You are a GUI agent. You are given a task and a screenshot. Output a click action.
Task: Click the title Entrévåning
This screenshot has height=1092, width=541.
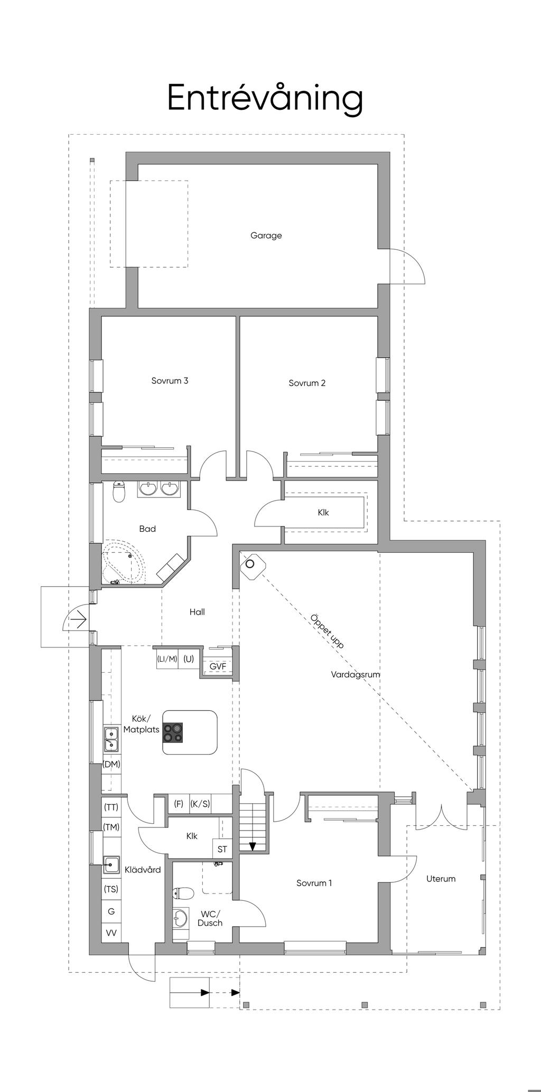265,98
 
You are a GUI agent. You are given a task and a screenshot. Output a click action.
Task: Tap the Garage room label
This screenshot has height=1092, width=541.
266,236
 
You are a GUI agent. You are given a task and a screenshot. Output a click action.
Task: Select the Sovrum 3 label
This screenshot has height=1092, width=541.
170,381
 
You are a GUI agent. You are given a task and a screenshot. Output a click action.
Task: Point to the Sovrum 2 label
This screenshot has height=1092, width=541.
307,383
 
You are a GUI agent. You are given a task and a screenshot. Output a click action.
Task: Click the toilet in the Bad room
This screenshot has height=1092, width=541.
119,492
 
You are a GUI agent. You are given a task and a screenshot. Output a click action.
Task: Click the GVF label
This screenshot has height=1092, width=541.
218,666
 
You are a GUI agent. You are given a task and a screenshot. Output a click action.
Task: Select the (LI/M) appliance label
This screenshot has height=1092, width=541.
167,658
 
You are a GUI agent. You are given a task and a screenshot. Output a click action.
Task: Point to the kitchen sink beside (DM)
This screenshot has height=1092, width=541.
111,738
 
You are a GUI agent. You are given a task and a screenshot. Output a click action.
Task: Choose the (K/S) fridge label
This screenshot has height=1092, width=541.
200,804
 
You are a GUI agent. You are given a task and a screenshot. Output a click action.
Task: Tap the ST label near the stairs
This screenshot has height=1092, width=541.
222,849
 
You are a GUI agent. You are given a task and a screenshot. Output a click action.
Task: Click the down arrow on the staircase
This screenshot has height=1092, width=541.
253,846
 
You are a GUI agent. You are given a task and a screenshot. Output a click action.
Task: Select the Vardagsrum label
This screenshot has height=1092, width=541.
356,674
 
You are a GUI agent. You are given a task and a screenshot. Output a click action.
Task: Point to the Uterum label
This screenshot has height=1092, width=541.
441,879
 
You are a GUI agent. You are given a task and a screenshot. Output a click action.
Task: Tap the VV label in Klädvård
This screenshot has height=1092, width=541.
111,933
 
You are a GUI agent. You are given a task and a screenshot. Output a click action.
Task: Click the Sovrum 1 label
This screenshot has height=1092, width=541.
314,883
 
